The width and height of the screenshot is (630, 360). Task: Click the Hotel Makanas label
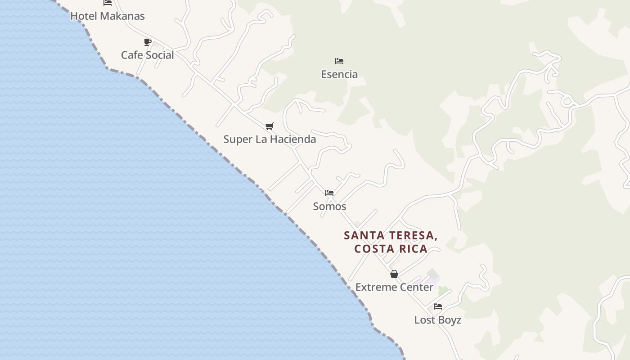[107, 16]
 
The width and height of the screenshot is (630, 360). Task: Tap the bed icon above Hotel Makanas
[108, 3]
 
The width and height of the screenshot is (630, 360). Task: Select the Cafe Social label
[147, 55]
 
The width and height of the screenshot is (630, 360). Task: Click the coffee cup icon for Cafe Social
[147, 42]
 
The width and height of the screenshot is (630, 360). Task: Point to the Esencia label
[339, 74]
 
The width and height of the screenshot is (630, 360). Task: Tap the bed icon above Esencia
[339, 61]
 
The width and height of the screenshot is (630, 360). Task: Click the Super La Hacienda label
[270, 139]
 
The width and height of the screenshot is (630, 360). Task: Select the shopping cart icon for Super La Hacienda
[269, 126]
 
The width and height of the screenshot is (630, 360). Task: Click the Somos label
[329, 206]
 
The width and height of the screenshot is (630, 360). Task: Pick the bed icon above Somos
[329, 193]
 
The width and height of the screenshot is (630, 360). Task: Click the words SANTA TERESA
[391, 235]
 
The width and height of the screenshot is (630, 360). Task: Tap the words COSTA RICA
[391, 249]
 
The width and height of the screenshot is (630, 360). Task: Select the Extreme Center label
[394, 287]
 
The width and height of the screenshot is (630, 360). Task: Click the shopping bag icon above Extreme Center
[394, 274]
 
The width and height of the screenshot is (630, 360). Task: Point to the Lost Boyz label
[437, 320]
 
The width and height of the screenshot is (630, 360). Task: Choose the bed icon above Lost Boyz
[437, 306]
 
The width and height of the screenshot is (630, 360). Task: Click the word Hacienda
[293, 139]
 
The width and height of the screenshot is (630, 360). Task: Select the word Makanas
[122, 16]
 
